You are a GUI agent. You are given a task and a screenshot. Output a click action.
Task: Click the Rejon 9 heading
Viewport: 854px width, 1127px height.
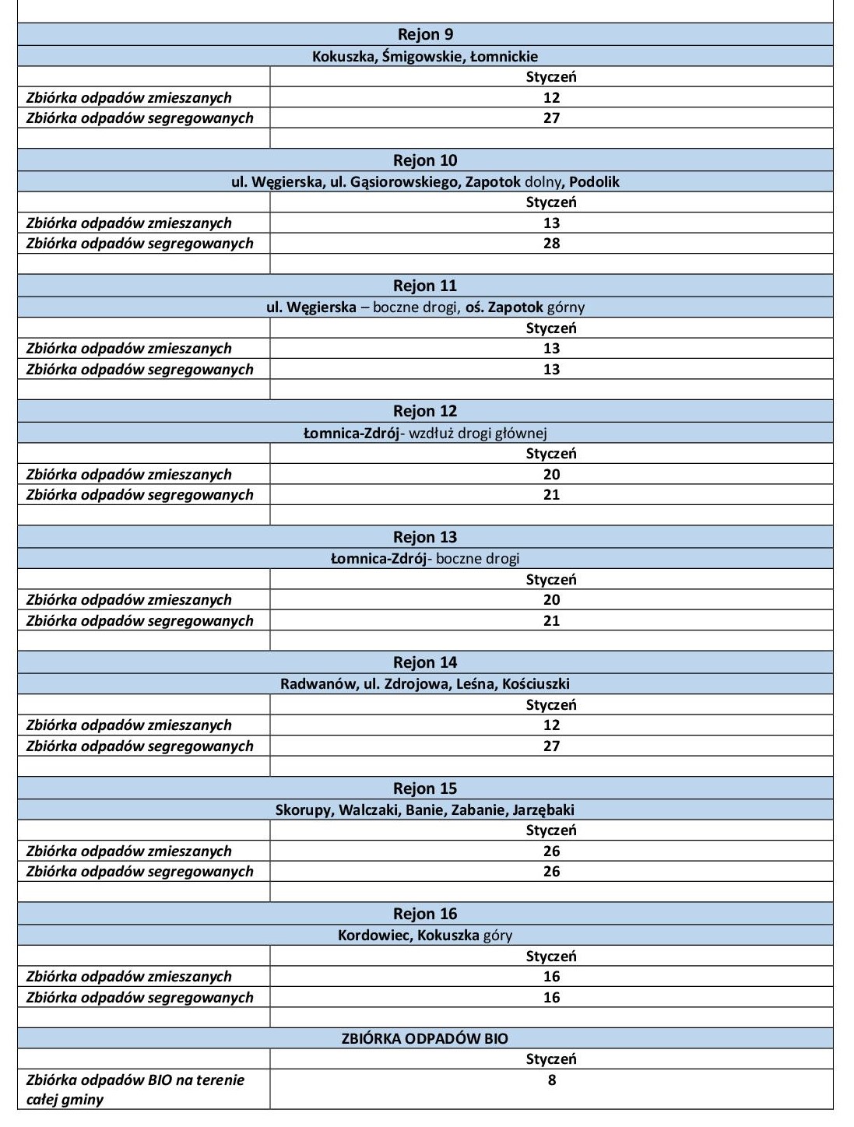coord(425,34)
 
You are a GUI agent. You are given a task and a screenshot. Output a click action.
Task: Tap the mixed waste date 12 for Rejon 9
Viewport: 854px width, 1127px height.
coord(551,97)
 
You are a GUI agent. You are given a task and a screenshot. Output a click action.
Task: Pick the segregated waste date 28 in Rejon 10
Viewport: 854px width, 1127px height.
coord(551,244)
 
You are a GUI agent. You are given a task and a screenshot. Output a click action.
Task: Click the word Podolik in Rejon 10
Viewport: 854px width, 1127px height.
coord(594,181)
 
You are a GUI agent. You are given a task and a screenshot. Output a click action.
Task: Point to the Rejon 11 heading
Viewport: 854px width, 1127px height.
coord(425,286)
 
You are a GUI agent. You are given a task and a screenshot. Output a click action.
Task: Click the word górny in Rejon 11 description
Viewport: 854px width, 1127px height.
coord(566,307)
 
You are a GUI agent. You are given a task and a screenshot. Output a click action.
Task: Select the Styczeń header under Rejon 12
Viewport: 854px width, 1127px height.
coord(551,454)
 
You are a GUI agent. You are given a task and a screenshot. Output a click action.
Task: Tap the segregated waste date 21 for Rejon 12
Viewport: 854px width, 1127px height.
coord(551,495)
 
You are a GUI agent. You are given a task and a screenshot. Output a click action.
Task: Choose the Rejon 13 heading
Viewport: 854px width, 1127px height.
coord(425,537)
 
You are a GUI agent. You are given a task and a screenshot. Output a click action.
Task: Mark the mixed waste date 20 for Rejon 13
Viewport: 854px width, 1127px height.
coord(551,600)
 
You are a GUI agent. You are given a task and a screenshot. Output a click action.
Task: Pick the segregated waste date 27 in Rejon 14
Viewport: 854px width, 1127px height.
coord(551,746)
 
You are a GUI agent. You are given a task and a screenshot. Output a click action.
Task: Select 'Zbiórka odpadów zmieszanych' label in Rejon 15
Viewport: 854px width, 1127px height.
coord(129,851)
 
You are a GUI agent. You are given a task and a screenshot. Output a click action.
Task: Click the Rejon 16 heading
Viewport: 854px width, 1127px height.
coord(425,914)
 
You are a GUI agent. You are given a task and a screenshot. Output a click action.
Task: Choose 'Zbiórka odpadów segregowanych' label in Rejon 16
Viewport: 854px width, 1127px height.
coord(140,998)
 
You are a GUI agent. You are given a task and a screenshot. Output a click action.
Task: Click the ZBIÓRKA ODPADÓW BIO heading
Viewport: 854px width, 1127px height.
coord(425,1039)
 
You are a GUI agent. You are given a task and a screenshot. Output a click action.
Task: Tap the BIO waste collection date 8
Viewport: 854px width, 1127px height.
coord(551,1080)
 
